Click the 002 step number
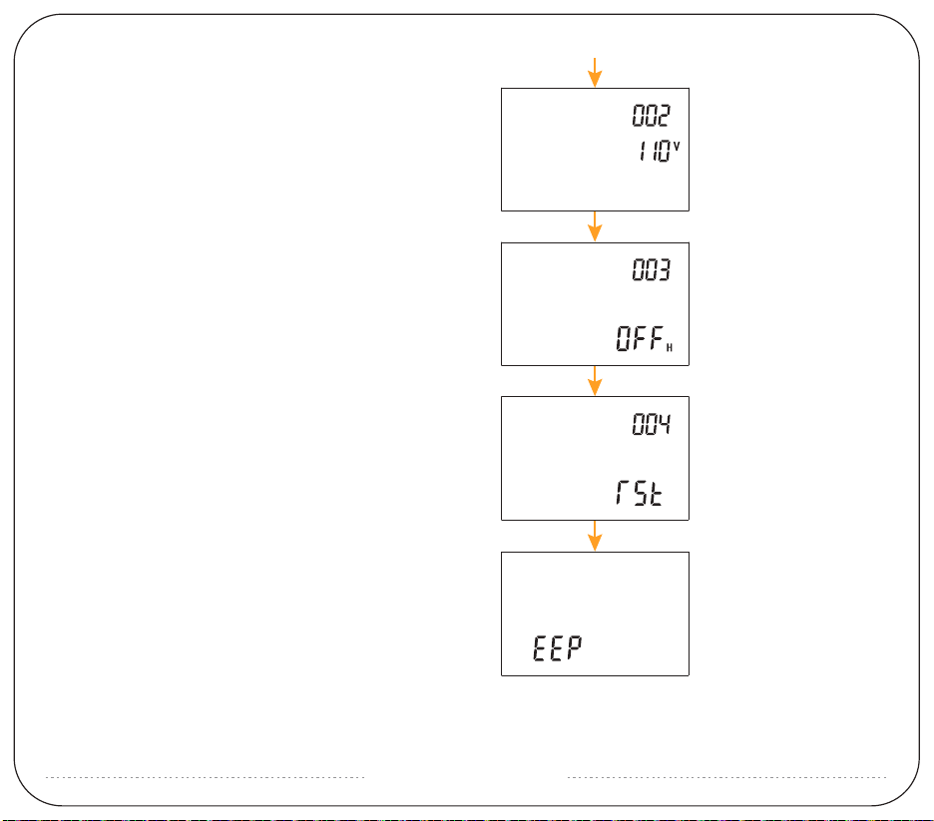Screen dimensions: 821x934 (652, 116)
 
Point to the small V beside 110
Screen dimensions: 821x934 (677, 147)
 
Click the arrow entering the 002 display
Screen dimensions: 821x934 (595, 73)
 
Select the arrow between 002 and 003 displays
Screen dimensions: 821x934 (595, 225)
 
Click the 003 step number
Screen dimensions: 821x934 (652, 271)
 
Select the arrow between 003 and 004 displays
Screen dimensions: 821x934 (595, 380)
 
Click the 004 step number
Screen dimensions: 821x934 (652, 426)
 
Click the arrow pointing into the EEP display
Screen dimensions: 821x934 (595, 536)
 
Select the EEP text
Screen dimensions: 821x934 (556, 649)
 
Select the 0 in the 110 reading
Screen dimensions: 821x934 (665, 154)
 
